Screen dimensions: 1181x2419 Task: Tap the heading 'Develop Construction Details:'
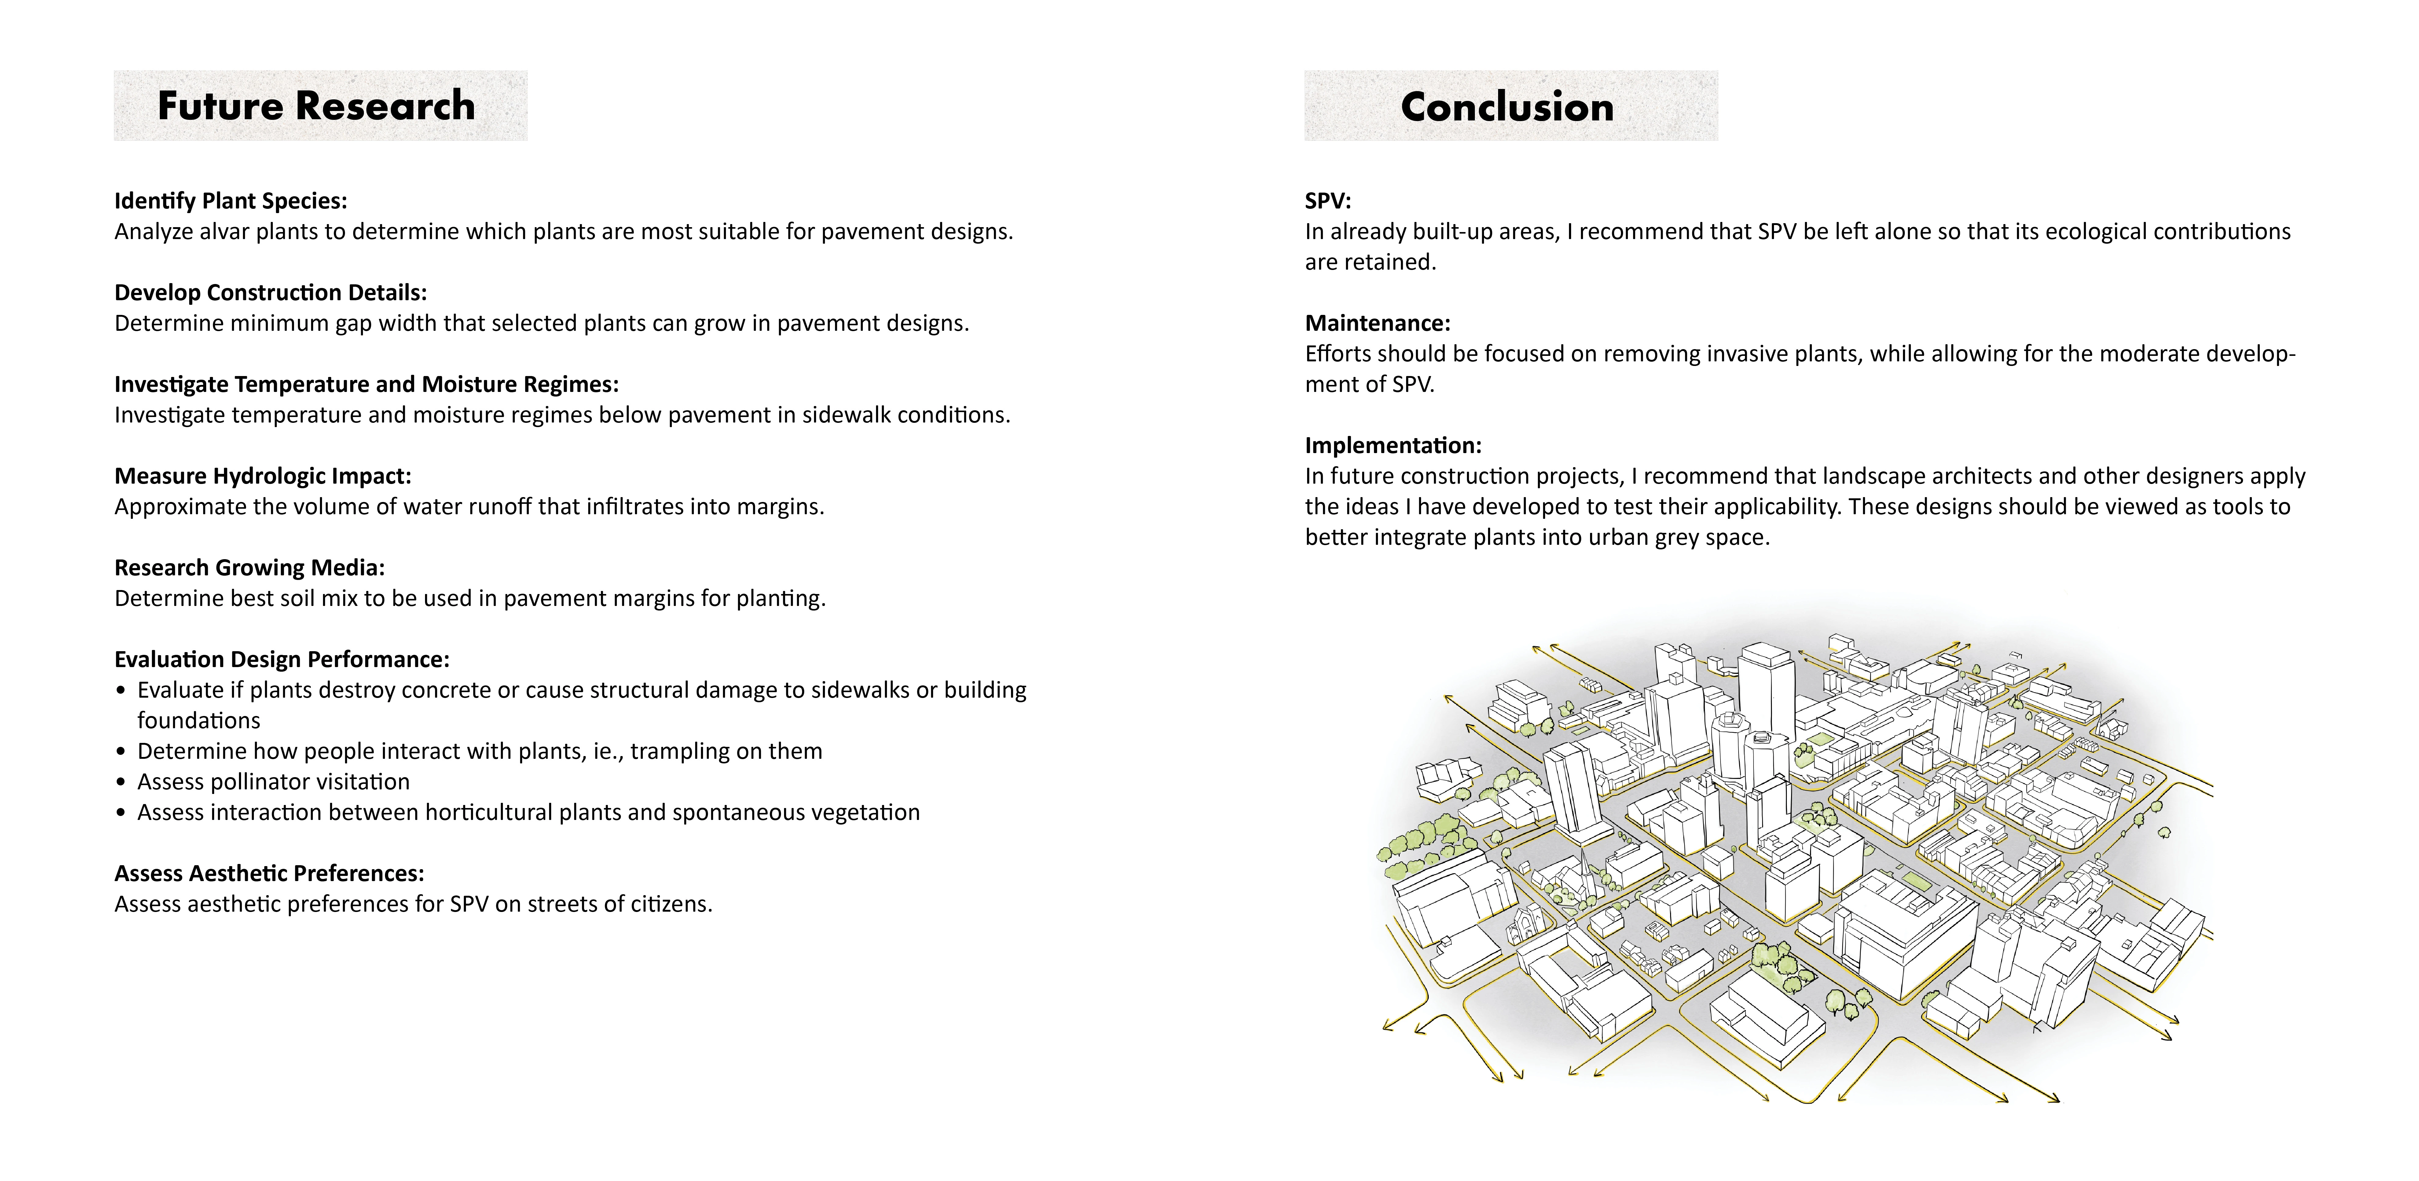270,292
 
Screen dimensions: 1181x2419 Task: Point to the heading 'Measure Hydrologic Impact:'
263,476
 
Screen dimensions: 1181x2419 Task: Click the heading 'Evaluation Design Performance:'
282,659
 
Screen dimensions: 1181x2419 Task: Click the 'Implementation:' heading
1393,445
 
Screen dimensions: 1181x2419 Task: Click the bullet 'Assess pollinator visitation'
273,782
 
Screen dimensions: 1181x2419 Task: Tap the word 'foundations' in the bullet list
198,721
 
